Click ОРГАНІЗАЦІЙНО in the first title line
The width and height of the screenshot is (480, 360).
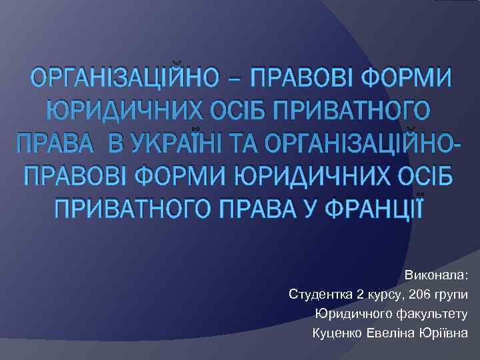pos(127,79)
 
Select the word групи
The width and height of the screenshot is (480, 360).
pos(450,294)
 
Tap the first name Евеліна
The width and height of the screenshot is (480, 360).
pos(392,333)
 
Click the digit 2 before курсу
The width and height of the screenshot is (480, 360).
pos(360,294)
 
